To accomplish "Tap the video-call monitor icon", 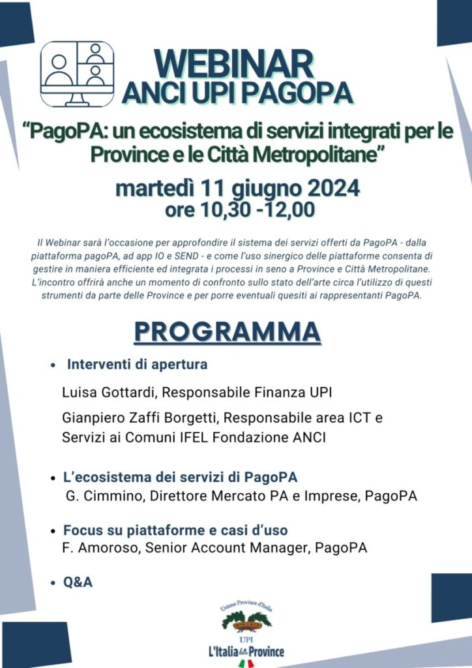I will tap(77, 74).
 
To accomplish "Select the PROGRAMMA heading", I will tap(227, 331).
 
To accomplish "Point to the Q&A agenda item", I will tap(78, 582).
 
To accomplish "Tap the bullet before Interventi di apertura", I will tap(53, 366).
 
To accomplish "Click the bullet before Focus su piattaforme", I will tap(53, 531).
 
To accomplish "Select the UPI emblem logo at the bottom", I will tap(246, 620).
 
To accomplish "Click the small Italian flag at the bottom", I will tap(246, 663).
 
